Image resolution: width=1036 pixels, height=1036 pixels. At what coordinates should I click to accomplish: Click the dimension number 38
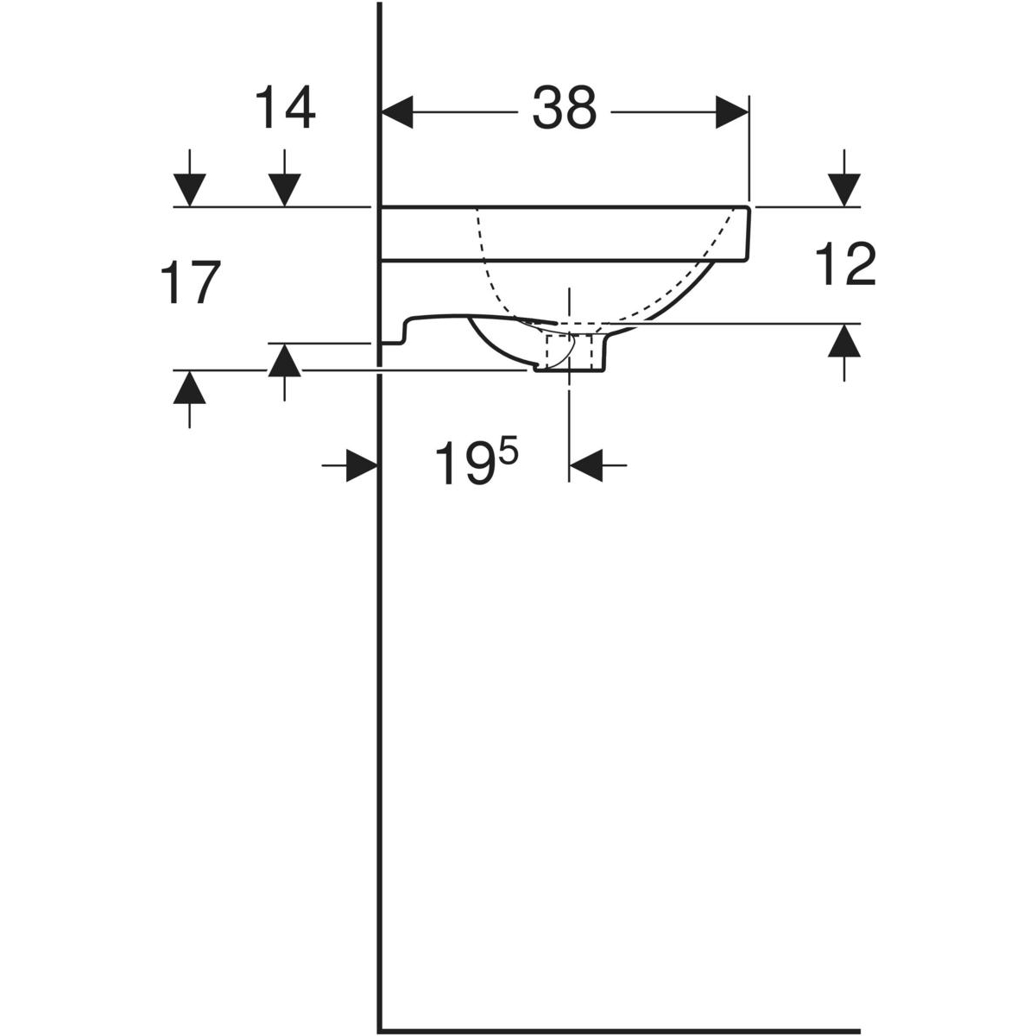click(x=564, y=108)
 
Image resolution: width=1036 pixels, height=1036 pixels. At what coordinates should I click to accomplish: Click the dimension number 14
click(x=284, y=108)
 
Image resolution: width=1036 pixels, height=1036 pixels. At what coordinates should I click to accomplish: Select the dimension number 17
click(x=190, y=282)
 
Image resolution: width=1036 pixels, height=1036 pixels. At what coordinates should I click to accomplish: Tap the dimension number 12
click(x=846, y=263)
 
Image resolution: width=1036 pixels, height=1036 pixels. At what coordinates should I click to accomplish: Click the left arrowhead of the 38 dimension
click(x=397, y=112)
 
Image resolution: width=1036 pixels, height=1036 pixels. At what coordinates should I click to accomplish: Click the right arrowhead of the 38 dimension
click(x=732, y=112)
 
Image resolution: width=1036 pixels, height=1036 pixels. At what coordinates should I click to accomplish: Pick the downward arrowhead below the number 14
click(x=284, y=190)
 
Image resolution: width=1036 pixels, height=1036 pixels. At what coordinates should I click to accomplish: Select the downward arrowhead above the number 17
click(x=189, y=190)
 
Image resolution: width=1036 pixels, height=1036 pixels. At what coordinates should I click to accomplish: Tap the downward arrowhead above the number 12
click(x=844, y=190)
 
